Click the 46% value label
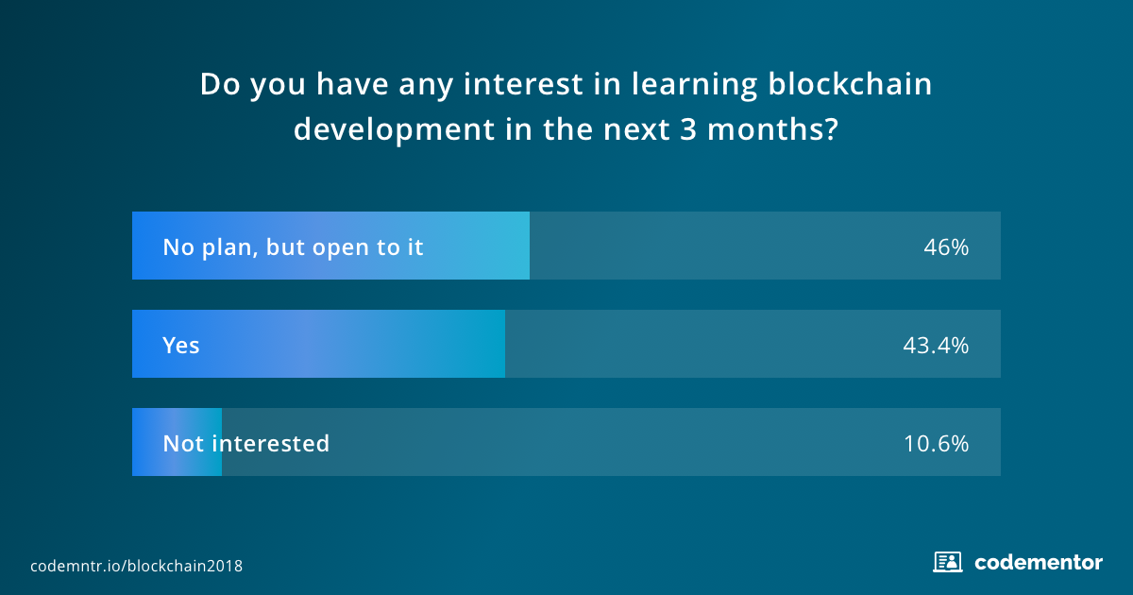pos(946,247)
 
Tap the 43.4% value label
pos(936,346)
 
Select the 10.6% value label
pos(937,444)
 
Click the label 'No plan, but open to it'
pos(293,247)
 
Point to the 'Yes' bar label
pos(181,346)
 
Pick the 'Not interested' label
pos(245,444)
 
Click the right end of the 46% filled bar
pos(529,246)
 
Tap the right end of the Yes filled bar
pos(504,344)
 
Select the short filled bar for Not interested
pos(178,442)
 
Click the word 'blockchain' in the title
pos(850,83)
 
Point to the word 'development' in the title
pos(394,130)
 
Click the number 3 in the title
pos(688,129)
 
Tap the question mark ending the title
pos(831,129)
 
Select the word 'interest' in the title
pos(523,84)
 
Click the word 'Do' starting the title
pos(220,84)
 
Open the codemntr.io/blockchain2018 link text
pos(137,566)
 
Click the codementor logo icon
pos(947,562)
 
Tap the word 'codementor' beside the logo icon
pos(1039,563)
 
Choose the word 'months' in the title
pos(765,129)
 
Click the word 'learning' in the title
pos(695,84)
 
